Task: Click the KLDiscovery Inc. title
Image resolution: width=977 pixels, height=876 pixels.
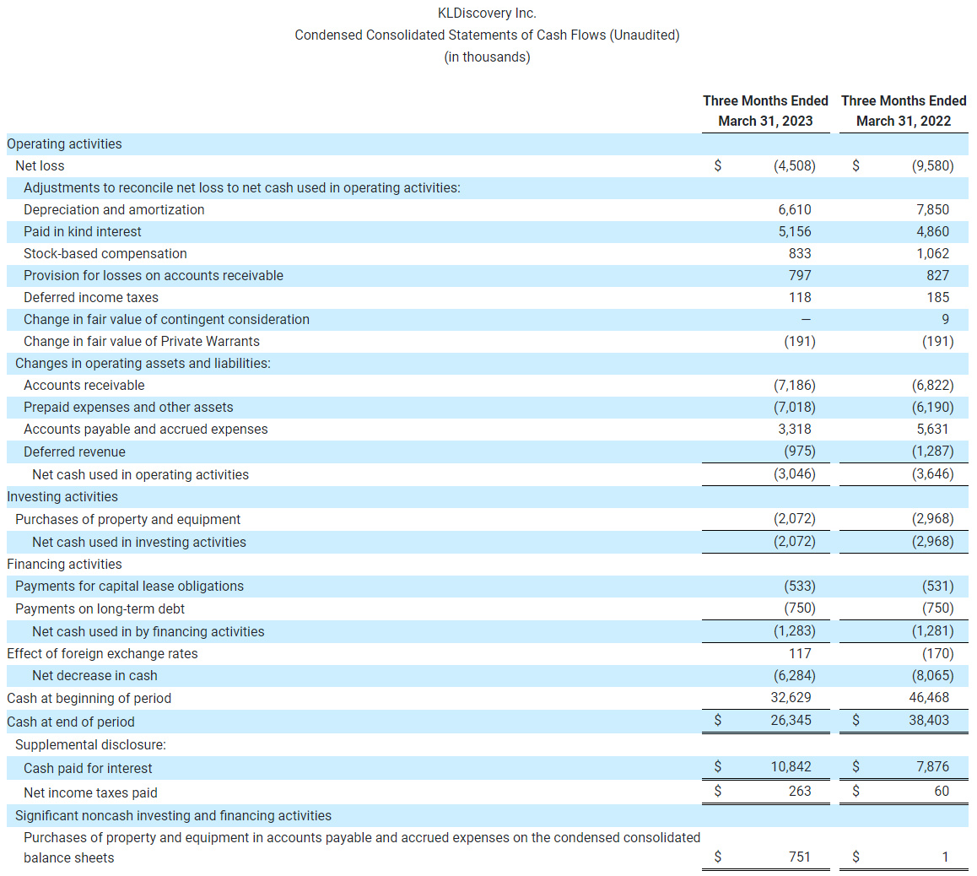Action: [x=487, y=13]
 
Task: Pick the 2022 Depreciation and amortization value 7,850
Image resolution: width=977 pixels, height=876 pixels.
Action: [x=932, y=209]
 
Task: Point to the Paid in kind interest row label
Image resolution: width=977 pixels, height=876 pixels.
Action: [x=83, y=231]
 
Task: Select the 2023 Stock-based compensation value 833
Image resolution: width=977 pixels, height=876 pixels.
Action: [x=800, y=253]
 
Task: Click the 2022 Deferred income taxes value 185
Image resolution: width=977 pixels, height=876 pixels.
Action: [x=937, y=297]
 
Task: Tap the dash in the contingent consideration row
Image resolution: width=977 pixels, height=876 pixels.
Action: [x=806, y=319]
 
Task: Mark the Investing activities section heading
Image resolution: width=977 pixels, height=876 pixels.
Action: [x=62, y=496]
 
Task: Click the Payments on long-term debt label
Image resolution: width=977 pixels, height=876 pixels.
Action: [x=100, y=608]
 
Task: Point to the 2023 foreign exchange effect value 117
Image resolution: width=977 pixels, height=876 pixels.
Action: [x=800, y=653]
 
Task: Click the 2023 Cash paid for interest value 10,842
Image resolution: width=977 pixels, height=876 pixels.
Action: [x=791, y=766]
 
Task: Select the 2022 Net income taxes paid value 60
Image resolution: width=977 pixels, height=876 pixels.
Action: [x=942, y=791]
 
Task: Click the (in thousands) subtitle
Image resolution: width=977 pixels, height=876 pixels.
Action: [x=487, y=57]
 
